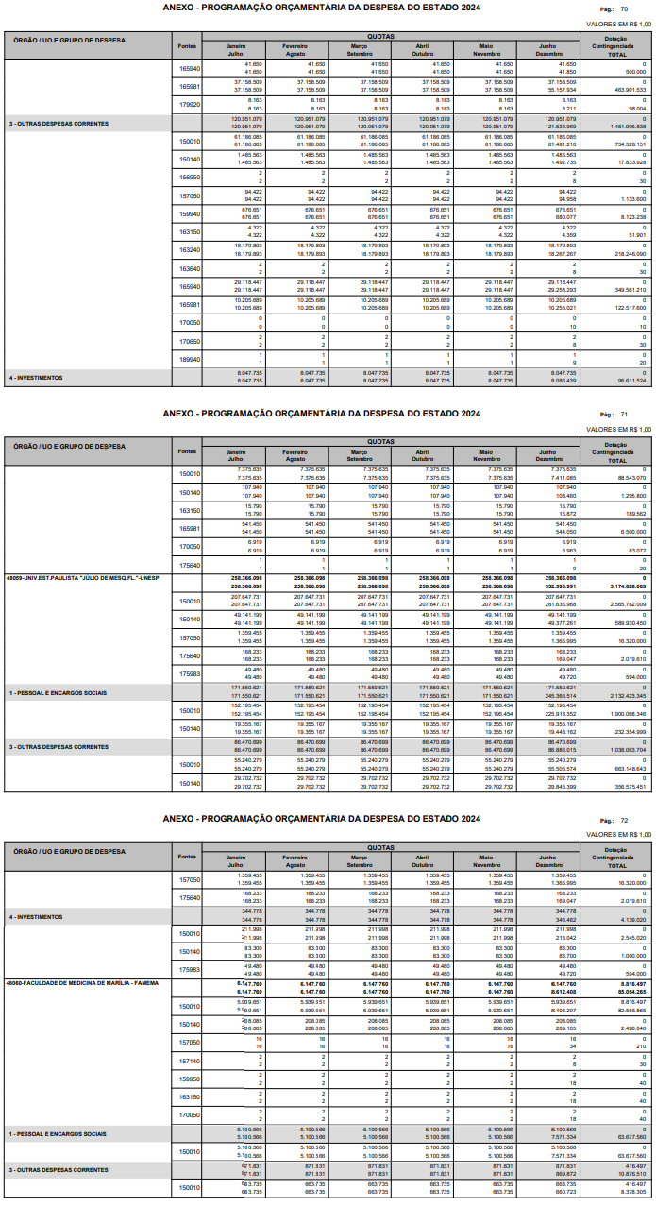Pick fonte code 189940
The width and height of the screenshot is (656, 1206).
(x=190, y=360)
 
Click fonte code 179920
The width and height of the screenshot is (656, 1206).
(x=190, y=105)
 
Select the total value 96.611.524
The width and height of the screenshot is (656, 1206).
(x=628, y=381)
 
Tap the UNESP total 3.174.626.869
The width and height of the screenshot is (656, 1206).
(x=626, y=586)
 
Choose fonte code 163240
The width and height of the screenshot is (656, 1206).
(x=190, y=250)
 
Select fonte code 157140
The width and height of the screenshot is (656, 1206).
(x=190, y=1061)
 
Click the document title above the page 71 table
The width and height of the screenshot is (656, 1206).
(x=321, y=414)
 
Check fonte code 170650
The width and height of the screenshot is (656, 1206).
(x=190, y=342)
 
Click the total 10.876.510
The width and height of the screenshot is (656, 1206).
(x=628, y=1174)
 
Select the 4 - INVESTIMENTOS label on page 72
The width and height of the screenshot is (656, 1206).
(x=36, y=917)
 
